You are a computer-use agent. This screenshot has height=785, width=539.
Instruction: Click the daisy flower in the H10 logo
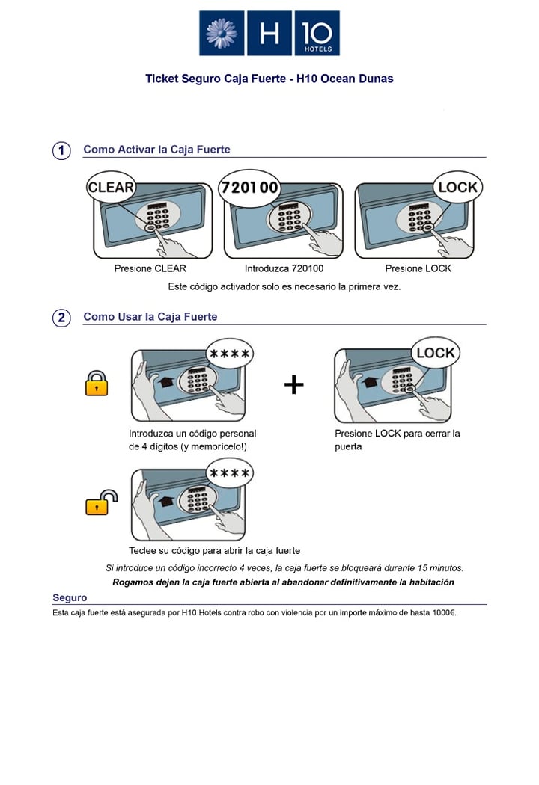click(222, 33)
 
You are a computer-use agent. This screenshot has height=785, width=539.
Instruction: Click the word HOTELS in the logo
click(317, 49)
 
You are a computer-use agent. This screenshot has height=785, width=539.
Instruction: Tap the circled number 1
click(61, 150)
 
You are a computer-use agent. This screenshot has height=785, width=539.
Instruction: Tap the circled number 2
click(61, 318)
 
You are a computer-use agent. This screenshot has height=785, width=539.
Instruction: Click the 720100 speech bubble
click(249, 188)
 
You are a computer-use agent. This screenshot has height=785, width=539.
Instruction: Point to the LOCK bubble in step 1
click(457, 188)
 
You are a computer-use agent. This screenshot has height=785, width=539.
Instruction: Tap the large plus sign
click(294, 385)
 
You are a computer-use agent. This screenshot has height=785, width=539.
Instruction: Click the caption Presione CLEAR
click(150, 268)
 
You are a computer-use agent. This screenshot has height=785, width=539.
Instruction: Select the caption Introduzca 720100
click(284, 268)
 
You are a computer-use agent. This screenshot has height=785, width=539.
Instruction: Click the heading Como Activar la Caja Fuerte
click(156, 150)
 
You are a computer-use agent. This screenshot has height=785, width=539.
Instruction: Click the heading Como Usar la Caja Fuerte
click(150, 317)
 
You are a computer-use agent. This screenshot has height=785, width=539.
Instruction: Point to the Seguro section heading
click(70, 598)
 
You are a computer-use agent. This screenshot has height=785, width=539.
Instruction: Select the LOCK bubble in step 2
click(435, 353)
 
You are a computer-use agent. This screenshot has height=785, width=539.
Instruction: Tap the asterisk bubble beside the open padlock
click(229, 473)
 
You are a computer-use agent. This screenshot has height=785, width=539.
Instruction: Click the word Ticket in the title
click(162, 78)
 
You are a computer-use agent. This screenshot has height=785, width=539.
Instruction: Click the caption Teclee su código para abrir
click(214, 550)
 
